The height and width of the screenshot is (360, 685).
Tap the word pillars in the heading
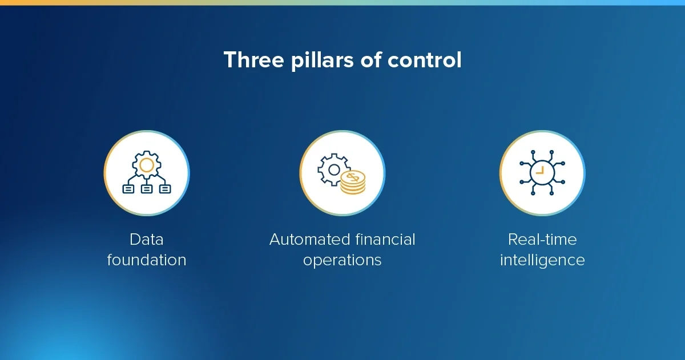(x=323, y=60)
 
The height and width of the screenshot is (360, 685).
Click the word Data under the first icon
(x=147, y=239)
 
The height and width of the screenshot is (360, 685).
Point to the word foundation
(x=147, y=260)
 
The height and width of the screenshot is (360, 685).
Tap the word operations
(x=342, y=261)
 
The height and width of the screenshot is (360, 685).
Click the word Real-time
(x=542, y=239)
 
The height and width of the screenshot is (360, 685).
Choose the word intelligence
(x=542, y=261)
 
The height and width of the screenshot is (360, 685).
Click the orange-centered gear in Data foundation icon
(x=147, y=165)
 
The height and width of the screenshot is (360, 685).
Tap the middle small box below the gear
(x=147, y=189)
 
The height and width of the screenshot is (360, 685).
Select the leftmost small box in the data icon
(x=128, y=189)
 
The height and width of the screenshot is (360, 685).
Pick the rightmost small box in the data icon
(x=165, y=189)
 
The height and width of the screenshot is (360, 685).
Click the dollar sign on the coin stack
(x=353, y=177)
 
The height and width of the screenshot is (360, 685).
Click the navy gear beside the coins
(x=333, y=169)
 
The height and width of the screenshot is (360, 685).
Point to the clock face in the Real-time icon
(x=542, y=172)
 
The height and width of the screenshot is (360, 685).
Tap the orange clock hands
(x=541, y=171)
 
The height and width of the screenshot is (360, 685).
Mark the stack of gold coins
(x=353, y=183)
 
